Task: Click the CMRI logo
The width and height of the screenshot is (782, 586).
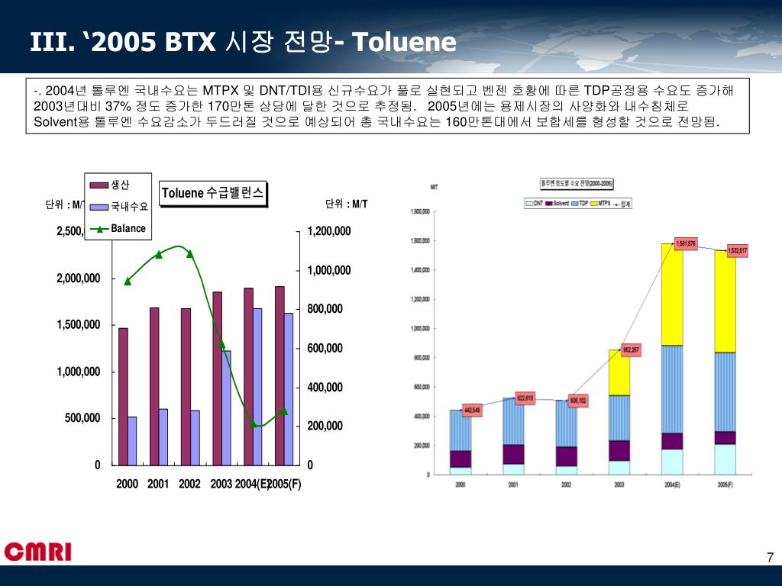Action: pyautogui.click(x=37, y=552)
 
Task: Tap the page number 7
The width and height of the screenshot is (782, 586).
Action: pyautogui.click(x=770, y=558)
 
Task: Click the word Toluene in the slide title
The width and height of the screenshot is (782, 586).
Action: pyautogui.click(x=405, y=42)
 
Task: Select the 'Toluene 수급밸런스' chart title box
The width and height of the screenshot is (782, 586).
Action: pyautogui.click(x=213, y=194)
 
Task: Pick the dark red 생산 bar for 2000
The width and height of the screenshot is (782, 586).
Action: pyautogui.click(x=123, y=396)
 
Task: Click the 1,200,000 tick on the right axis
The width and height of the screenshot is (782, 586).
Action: pyautogui.click(x=329, y=231)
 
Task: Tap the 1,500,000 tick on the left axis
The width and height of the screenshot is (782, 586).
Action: pyautogui.click(x=78, y=325)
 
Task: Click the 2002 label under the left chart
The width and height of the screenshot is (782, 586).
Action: pyautogui.click(x=189, y=484)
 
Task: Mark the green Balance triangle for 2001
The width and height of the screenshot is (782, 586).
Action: pyautogui.click(x=159, y=254)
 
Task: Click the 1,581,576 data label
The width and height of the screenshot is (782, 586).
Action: pyautogui.click(x=686, y=243)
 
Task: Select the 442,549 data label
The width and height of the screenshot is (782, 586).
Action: pyautogui.click(x=472, y=410)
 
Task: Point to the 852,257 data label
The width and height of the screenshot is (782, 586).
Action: pyautogui.click(x=632, y=350)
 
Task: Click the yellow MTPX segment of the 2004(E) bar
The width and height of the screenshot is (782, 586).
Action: pyautogui.click(x=672, y=295)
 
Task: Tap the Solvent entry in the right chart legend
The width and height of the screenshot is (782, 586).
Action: pyautogui.click(x=557, y=204)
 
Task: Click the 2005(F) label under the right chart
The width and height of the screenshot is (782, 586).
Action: pyautogui.click(x=725, y=485)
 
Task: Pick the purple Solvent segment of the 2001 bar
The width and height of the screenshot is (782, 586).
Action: pyautogui.click(x=514, y=454)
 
